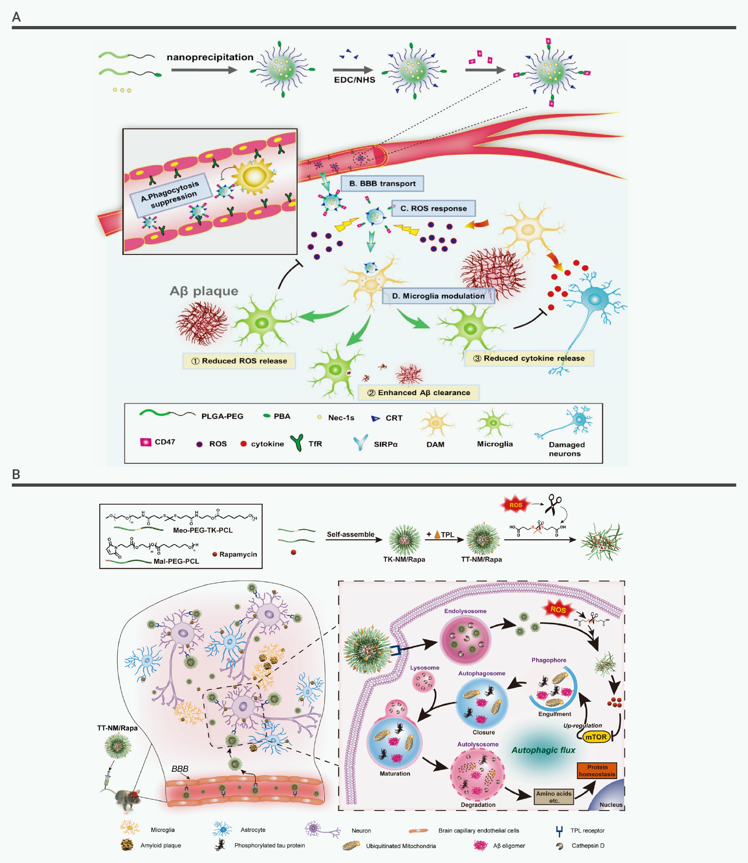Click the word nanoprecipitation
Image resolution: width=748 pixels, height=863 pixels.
point(210,57)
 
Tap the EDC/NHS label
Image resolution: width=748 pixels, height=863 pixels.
point(354,80)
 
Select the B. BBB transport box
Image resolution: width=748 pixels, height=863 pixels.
point(382,183)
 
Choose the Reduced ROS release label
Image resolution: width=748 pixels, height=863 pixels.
point(239,361)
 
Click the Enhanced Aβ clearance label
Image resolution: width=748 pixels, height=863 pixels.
point(419,392)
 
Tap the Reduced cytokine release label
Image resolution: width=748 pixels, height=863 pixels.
point(529,358)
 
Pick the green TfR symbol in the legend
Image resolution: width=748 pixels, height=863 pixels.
point(297,443)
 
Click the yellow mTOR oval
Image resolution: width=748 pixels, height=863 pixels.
point(596,737)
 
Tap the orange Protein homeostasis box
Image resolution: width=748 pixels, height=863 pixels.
point(597,770)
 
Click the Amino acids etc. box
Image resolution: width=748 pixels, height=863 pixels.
point(554,797)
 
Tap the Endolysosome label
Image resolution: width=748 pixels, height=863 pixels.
point(465,611)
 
